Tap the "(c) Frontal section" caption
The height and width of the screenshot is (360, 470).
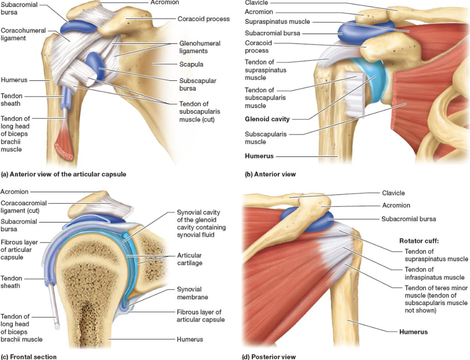tap(29, 357)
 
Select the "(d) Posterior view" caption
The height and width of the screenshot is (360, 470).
tap(269, 357)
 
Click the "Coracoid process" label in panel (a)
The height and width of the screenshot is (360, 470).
tap(203, 19)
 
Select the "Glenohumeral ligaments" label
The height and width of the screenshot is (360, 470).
tap(200, 47)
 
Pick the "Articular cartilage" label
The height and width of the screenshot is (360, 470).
tap(189, 259)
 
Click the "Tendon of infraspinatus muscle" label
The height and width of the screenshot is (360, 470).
tap(434, 273)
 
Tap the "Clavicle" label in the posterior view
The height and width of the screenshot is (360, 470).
tap(393, 193)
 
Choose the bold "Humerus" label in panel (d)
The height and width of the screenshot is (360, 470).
tap(413, 332)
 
